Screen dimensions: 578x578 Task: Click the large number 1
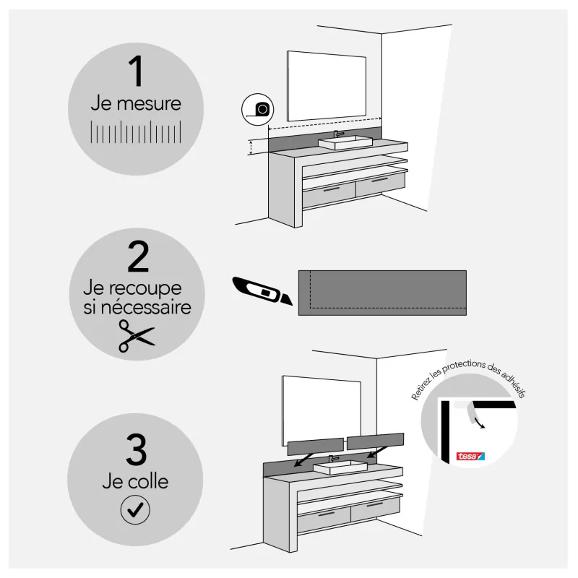click(x=137, y=71)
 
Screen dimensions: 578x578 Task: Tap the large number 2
click(x=138, y=256)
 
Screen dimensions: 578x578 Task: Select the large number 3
click(x=136, y=449)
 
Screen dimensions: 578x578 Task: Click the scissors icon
click(x=137, y=336)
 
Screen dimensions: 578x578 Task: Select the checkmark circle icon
click(x=135, y=510)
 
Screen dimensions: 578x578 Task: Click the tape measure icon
click(x=258, y=110)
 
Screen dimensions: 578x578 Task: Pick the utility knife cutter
click(x=262, y=291)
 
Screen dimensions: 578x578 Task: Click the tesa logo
click(x=470, y=457)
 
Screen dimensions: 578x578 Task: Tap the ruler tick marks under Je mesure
click(x=136, y=131)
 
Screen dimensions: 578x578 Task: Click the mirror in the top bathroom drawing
click(x=327, y=86)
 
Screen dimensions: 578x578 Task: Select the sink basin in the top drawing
click(x=345, y=142)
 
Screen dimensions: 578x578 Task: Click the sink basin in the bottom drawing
click(x=340, y=467)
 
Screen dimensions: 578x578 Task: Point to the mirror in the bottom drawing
click(x=322, y=411)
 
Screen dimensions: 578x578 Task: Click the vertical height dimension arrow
click(x=251, y=147)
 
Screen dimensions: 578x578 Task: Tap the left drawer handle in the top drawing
click(x=331, y=189)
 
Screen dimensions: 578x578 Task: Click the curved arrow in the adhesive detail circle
click(x=480, y=423)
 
